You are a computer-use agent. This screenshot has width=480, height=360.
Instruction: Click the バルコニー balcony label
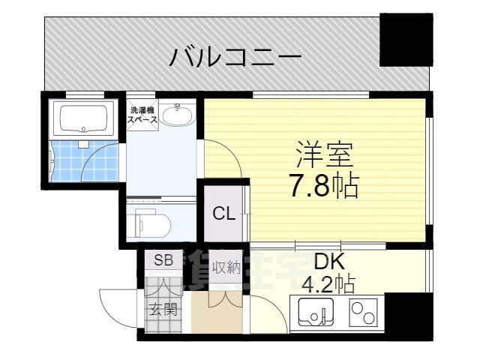(x=235, y=56)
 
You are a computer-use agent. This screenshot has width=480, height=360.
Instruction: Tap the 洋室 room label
(x=323, y=154)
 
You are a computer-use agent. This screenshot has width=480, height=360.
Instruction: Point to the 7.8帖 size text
(x=323, y=184)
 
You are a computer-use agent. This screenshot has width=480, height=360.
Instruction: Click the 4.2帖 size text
(x=328, y=284)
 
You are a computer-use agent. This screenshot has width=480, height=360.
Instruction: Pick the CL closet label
(x=223, y=214)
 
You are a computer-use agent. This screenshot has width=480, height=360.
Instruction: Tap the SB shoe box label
(x=163, y=261)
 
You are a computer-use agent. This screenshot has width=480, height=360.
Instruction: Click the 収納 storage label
(x=225, y=268)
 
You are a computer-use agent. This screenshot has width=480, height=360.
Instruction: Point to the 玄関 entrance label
(x=163, y=308)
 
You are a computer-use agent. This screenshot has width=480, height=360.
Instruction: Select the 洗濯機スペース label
(x=142, y=115)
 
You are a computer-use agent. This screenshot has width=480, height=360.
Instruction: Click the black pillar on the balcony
(x=406, y=39)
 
